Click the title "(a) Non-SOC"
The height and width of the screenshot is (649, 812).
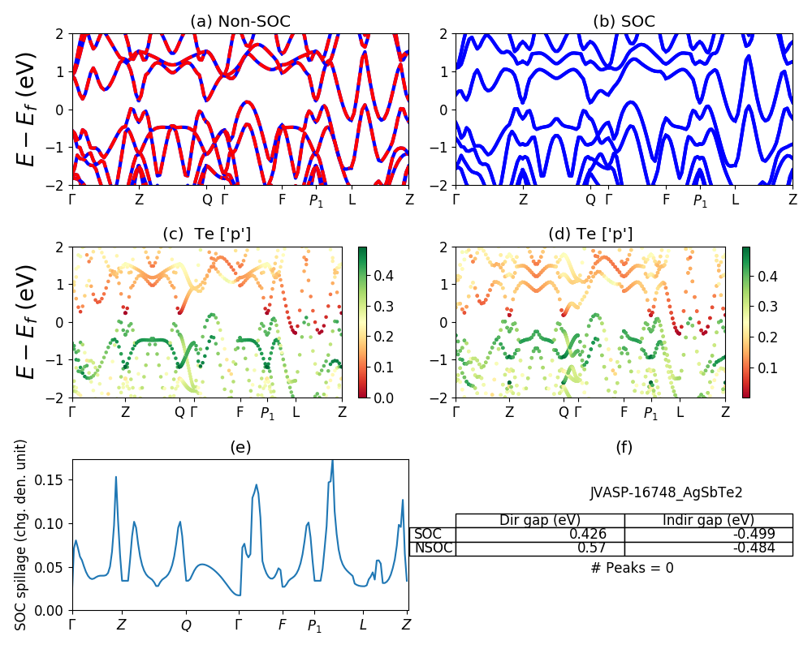[240, 22]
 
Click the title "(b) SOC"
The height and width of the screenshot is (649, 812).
[624, 22]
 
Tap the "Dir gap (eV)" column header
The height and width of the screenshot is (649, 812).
[540, 520]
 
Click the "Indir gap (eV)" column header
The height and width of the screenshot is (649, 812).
[708, 520]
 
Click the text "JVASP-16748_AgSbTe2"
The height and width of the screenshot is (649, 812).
[666, 492]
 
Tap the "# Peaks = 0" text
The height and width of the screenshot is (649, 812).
[633, 568]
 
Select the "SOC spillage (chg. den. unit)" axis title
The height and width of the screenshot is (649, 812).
[22, 535]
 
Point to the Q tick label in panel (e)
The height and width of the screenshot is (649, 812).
[186, 625]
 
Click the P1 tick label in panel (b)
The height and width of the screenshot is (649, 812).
[700, 200]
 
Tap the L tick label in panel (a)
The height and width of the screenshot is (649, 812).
[352, 200]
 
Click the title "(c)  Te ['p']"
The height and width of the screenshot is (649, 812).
[206, 234]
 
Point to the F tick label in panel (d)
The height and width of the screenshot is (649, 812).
[624, 412]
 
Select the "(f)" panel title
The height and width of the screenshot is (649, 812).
[624, 447]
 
